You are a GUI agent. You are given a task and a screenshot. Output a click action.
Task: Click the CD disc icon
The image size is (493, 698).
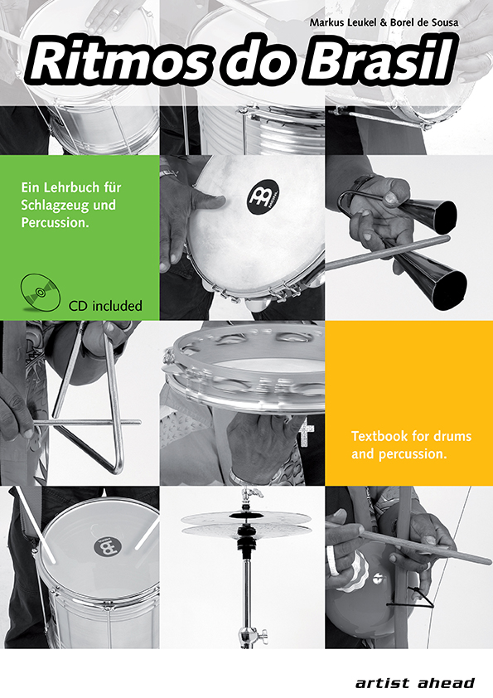click(x=40, y=291)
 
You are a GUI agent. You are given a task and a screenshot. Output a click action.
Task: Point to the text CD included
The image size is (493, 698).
click(x=105, y=306)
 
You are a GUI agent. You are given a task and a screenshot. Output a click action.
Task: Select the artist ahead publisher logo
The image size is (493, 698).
click(x=414, y=682)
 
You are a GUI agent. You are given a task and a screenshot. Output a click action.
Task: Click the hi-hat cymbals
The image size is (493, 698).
click(x=245, y=523)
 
